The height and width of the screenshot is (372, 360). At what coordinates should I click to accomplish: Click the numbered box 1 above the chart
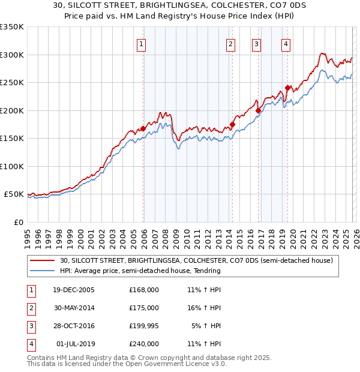point(142,43)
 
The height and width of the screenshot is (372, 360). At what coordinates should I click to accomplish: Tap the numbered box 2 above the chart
point(230,43)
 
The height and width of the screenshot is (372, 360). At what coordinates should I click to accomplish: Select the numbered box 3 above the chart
point(256,43)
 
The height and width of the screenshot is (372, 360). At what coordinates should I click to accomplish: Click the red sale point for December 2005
point(143,128)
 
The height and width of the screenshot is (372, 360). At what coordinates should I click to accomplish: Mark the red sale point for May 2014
point(232,124)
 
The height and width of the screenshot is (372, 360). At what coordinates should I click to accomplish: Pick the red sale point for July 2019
point(287,88)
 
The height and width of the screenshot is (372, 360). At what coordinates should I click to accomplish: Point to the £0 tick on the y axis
point(18,222)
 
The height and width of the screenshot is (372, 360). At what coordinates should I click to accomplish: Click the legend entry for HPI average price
point(140,271)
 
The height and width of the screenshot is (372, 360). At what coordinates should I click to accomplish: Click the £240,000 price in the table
point(144,344)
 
